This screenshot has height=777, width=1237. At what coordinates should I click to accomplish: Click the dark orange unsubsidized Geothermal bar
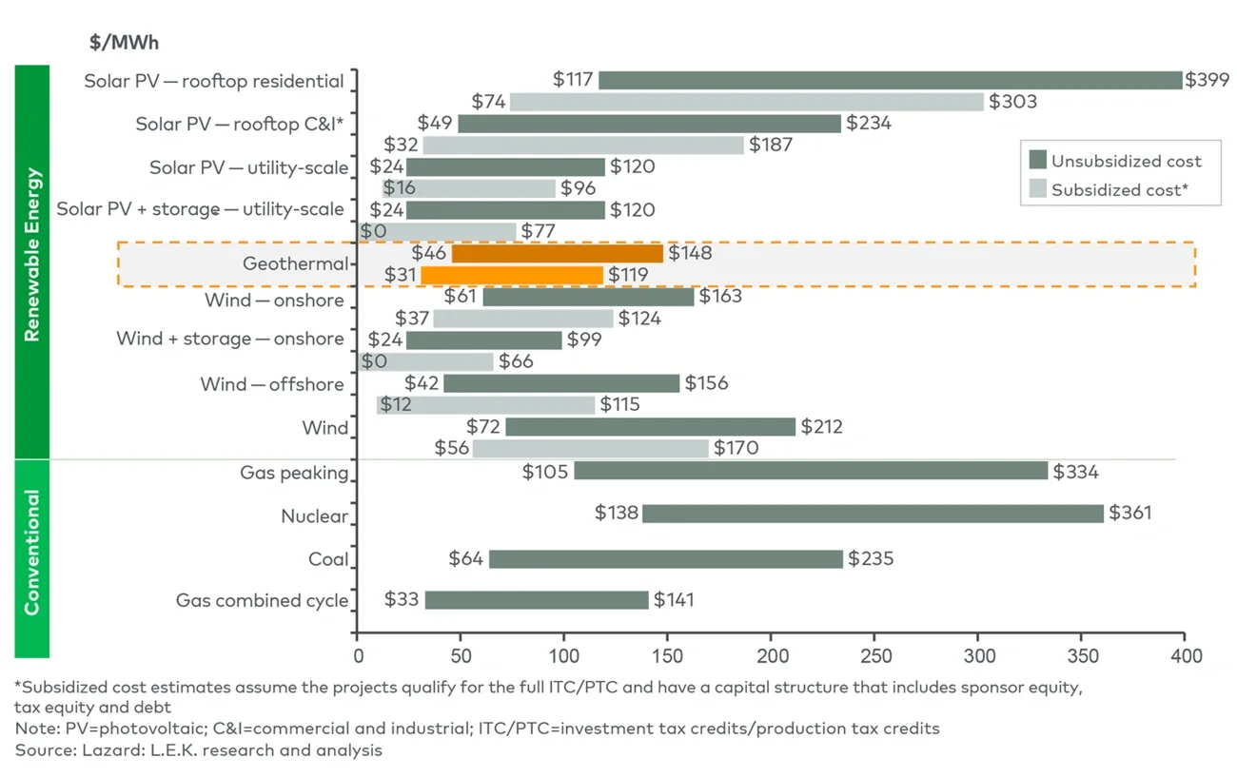557,254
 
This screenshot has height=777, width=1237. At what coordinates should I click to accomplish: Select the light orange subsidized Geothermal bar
512,276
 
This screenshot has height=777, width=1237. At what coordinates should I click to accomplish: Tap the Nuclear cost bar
873,514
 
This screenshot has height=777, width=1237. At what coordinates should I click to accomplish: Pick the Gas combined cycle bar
536,600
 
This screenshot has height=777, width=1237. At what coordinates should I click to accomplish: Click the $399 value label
1207,81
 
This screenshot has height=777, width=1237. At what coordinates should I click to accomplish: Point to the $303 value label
1012,102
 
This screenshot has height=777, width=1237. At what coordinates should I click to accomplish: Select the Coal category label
328,559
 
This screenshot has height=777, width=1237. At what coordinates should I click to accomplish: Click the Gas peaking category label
294,473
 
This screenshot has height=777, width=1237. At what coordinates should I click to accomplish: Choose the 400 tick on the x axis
1186,656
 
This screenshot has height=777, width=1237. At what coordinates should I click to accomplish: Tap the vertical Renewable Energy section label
32,254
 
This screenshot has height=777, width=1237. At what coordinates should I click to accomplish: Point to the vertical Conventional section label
32,553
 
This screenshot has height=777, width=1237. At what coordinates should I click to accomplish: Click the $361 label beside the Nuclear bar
1130,514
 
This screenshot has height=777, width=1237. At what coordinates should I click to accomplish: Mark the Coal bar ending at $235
665,559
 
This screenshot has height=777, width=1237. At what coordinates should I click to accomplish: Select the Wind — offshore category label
272,384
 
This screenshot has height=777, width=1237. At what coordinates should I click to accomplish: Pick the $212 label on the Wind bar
821,427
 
